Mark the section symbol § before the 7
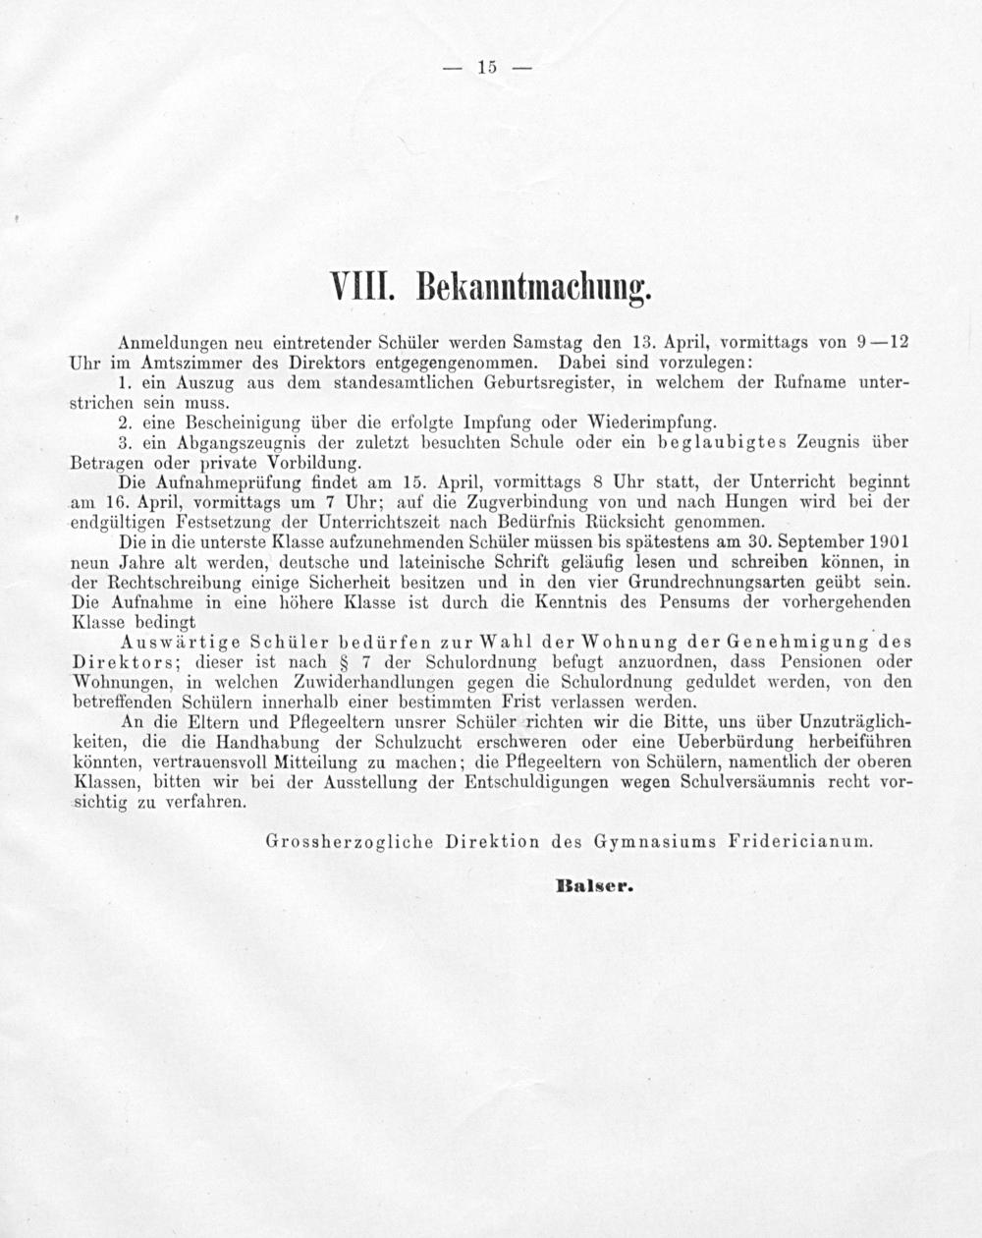345,663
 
